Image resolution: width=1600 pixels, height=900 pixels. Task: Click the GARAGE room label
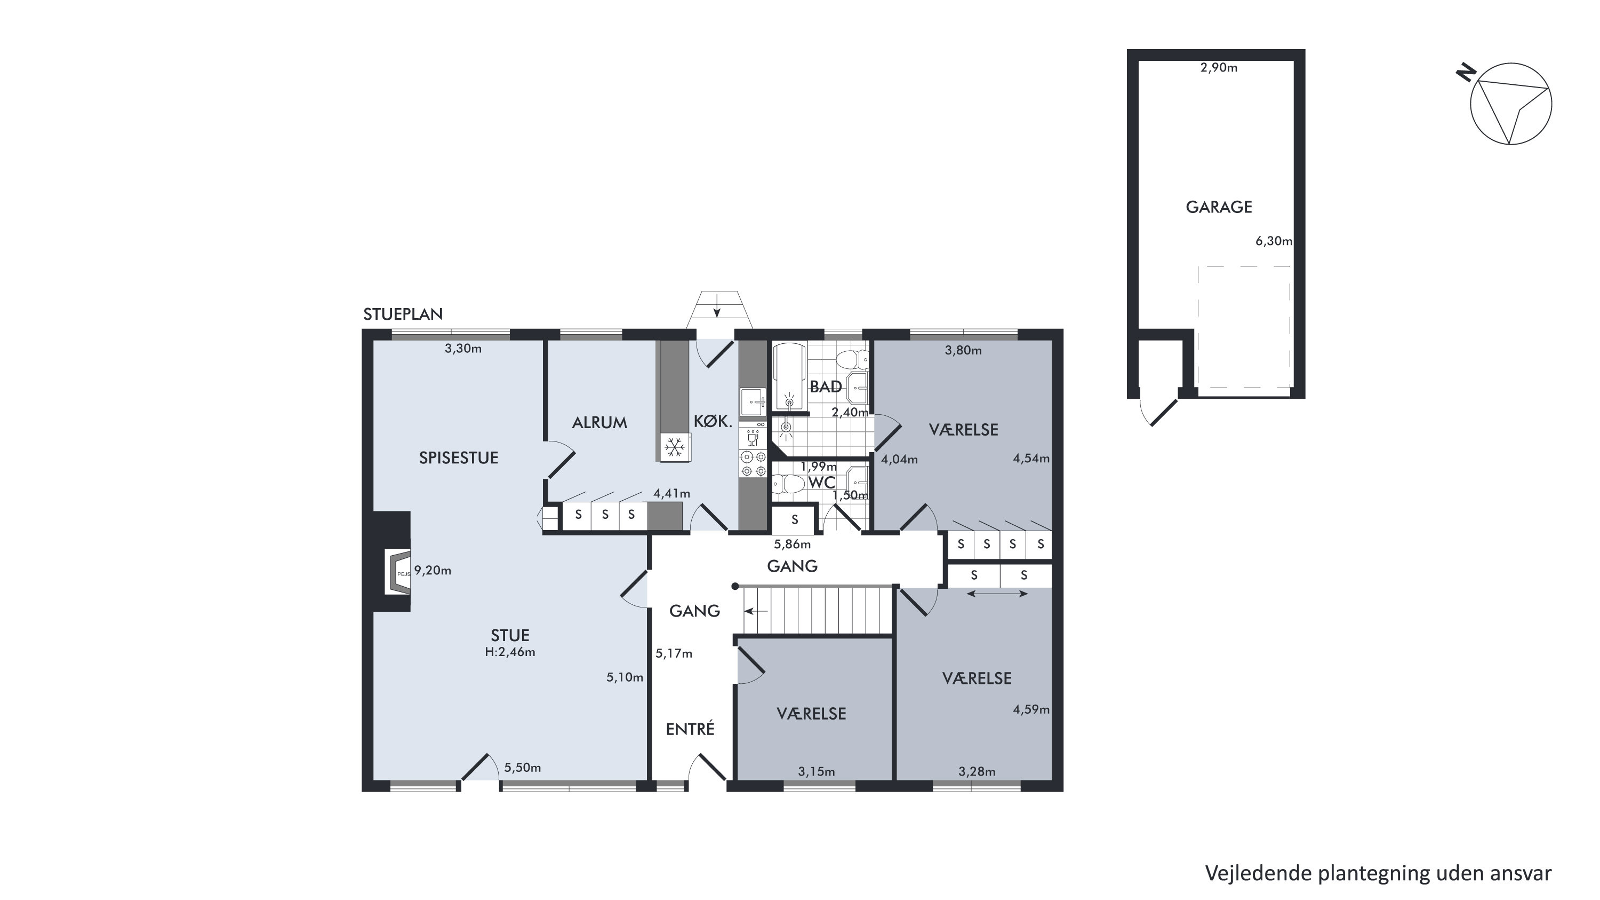coord(1219,207)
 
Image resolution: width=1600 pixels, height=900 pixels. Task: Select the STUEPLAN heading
coord(403,314)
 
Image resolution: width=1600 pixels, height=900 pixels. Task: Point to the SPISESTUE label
coord(458,458)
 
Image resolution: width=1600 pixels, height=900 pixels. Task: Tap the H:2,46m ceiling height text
coord(510,652)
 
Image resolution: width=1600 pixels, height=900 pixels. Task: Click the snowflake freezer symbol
coord(675,447)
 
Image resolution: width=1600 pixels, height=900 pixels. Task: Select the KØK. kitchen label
coord(713,421)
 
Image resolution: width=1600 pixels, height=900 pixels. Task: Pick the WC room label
coord(822,483)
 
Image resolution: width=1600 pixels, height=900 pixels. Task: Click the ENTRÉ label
coord(690,729)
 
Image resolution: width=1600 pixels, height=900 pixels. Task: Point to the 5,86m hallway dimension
coord(792,544)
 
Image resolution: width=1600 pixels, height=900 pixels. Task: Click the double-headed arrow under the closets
coord(997,594)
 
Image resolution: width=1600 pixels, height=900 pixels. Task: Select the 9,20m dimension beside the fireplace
coord(433,570)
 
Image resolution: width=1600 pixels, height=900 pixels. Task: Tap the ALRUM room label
coord(599,423)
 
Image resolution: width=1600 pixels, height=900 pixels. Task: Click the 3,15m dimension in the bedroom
coord(816,772)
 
